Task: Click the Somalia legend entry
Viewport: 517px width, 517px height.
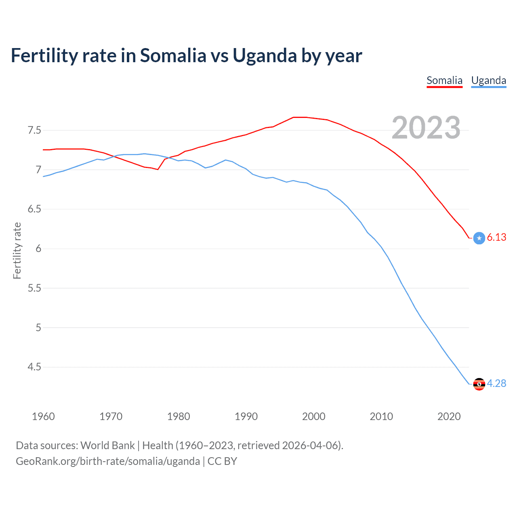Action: (x=444, y=80)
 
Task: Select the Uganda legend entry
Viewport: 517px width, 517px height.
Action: (x=488, y=80)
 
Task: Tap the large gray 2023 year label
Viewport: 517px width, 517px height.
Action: (x=426, y=128)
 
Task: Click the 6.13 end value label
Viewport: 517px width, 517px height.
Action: (x=496, y=237)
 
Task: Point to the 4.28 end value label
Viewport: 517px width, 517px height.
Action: (x=496, y=383)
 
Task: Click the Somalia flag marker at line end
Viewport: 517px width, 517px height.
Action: (x=479, y=238)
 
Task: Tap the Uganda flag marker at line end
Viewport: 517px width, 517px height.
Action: (x=479, y=384)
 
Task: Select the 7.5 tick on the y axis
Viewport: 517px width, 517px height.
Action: (x=34, y=130)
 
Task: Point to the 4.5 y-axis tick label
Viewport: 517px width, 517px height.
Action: (x=34, y=367)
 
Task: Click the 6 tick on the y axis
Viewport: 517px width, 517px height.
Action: (x=38, y=248)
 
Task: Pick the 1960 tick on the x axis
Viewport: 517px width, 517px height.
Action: (x=43, y=416)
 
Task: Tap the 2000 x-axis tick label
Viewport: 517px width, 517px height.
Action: (x=313, y=416)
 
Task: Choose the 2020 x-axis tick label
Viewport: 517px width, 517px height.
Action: (x=449, y=416)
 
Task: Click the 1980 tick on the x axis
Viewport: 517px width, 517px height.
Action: (x=179, y=416)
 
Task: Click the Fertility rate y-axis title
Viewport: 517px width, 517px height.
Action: (x=17, y=250)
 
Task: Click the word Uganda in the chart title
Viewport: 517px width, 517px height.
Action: (x=265, y=56)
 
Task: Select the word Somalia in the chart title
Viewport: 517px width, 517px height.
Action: (x=173, y=56)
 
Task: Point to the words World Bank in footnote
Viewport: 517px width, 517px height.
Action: (x=107, y=446)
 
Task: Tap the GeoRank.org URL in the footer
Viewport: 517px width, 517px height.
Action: (x=107, y=461)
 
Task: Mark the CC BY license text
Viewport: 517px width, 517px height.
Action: (x=222, y=461)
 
